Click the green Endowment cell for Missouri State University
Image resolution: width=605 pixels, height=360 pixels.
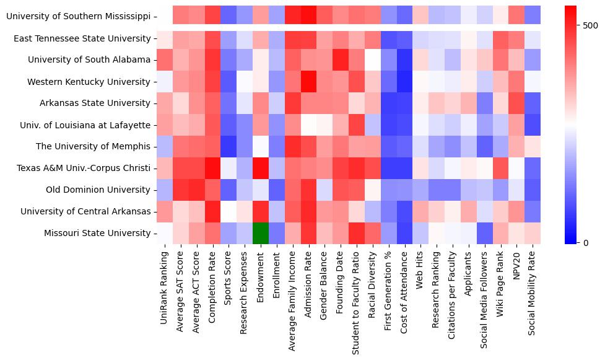[x=261, y=233]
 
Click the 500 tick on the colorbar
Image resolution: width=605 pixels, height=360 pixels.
[x=591, y=25]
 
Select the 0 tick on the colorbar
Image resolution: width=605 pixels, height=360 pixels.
[x=586, y=242]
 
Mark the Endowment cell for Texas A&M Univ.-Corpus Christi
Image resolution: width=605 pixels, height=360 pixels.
[x=261, y=168]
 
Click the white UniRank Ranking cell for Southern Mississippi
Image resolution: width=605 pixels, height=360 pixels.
[x=164, y=17]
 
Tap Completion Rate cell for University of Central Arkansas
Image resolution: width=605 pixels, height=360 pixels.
[x=212, y=211]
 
